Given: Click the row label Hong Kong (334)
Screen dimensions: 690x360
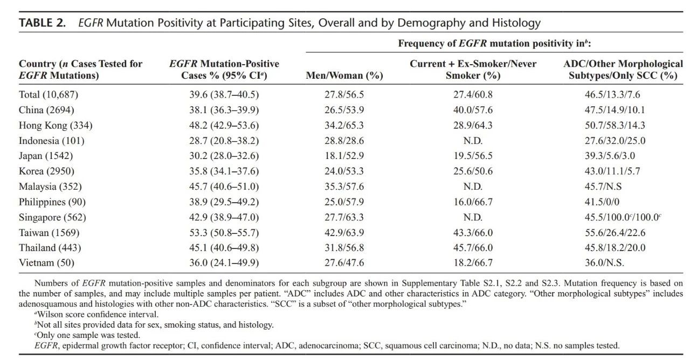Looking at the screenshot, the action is pyautogui.click(x=56, y=126).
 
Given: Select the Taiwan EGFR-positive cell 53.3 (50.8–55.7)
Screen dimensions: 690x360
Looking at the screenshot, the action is pyautogui.click(x=224, y=232).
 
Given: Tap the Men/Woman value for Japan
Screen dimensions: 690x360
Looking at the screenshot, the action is pyautogui.click(x=344, y=156).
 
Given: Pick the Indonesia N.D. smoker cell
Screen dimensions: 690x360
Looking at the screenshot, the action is pyautogui.click(x=473, y=141).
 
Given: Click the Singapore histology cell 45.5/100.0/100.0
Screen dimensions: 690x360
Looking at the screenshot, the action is pyautogui.click(x=623, y=217).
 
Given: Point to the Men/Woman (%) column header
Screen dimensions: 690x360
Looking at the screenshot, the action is pyautogui.click(x=344, y=75).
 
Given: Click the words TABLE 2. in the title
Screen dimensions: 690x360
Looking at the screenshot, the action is pyautogui.click(x=42, y=23).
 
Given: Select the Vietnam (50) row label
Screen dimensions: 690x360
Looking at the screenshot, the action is pyautogui.click(x=46, y=262).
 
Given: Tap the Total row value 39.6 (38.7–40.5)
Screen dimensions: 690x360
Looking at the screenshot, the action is pyautogui.click(x=224, y=94).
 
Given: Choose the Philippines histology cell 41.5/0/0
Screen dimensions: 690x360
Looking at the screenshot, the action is pyautogui.click(x=602, y=202).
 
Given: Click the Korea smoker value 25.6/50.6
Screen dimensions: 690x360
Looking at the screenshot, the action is pyautogui.click(x=473, y=171).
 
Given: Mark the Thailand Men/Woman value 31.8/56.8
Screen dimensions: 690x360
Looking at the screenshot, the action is pyautogui.click(x=344, y=247).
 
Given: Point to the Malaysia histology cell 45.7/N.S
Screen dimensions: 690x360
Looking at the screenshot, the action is pyautogui.click(x=603, y=186).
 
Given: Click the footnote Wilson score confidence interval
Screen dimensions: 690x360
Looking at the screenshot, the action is pyautogui.click(x=96, y=314).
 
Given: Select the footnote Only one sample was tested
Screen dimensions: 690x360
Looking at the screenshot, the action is pyautogui.click(x=87, y=335).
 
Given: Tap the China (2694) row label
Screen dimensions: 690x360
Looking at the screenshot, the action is pyautogui.click(x=46, y=110).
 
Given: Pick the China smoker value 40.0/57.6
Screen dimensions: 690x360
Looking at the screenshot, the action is pyautogui.click(x=473, y=110).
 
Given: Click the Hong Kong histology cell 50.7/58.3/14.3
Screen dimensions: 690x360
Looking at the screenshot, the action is pyautogui.click(x=615, y=126).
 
